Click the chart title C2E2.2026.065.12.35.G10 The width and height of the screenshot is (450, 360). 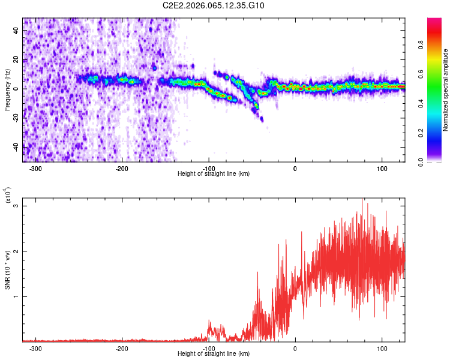tap(214, 5)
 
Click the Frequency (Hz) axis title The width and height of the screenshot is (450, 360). tap(7, 90)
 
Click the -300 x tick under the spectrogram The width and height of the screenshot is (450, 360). tap(35, 167)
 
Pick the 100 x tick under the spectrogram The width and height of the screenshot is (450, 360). tap(382, 167)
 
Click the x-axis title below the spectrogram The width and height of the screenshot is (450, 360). tap(214, 173)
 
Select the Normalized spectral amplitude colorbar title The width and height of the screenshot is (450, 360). tap(446, 90)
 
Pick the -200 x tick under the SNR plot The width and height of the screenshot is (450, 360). tap(122, 347)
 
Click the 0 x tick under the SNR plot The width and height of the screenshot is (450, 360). tap(295, 347)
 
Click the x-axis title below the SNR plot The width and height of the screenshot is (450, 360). tap(214, 353)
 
